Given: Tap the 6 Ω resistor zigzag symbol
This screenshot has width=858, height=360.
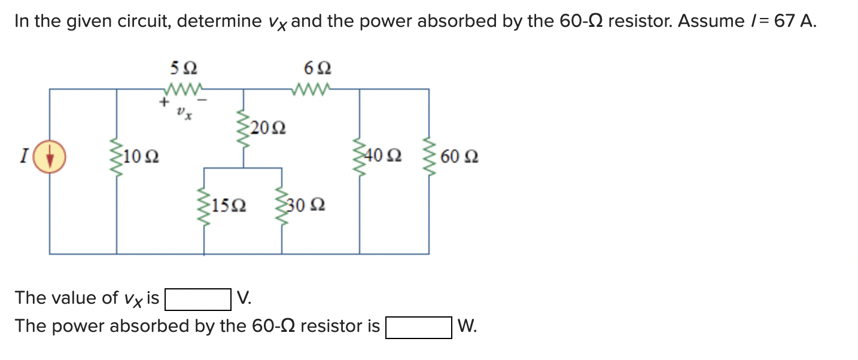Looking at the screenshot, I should click(312, 89).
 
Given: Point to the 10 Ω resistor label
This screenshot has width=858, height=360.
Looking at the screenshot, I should click(142, 158).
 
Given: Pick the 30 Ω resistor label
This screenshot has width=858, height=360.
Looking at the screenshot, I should click(307, 206).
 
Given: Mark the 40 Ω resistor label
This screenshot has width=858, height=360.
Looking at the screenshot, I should click(384, 157).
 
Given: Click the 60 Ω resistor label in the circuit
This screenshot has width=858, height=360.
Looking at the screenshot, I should click(459, 157).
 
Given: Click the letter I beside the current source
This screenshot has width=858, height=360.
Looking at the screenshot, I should click(23, 157).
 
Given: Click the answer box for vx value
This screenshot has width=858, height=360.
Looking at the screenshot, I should click(198, 299).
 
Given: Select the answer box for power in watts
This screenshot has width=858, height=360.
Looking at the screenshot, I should click(418, 327).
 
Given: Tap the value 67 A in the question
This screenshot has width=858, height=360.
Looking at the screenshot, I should click(794, 22).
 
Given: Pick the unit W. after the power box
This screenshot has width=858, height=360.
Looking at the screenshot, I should click(467, 327).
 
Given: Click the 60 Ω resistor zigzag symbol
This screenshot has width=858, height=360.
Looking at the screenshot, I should click(428, 158).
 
